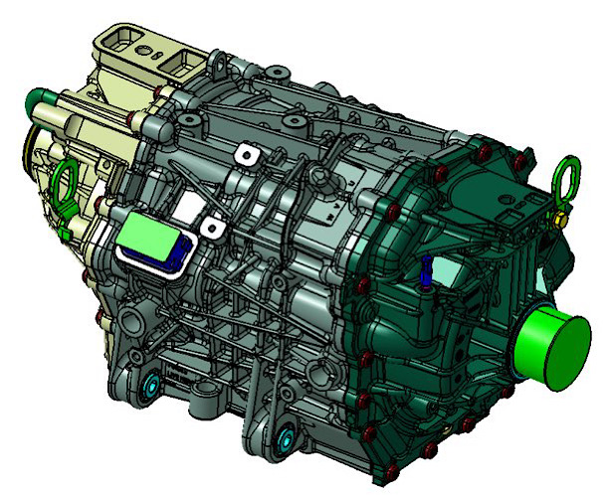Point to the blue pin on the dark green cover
[424, 270]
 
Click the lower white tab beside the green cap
[211, 228]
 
